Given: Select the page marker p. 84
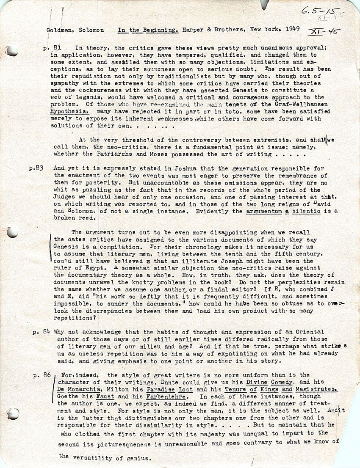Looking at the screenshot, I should tap(42, 332).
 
